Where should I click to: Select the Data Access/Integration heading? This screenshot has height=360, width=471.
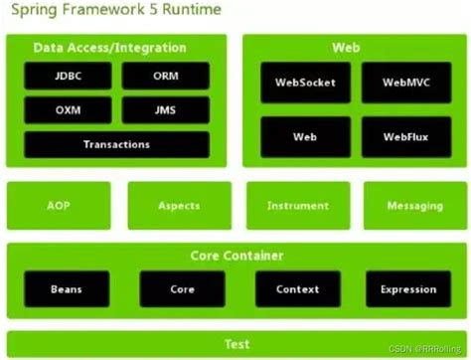click(109, 48)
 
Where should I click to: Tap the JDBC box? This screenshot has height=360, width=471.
click(68, 77)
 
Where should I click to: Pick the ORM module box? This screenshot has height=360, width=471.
click(165, 77)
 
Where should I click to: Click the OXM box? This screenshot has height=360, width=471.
click(68, 110)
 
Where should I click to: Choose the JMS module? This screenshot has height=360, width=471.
click(165, 110)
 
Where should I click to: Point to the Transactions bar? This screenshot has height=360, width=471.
click(116, 144)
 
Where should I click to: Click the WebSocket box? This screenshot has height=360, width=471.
click(304, 84)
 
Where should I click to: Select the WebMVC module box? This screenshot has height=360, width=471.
click(405, 84)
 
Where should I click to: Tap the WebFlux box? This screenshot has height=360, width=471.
click(405, 136)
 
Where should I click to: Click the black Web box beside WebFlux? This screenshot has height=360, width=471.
click(304, 136)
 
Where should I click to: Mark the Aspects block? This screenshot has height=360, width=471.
click(179, 206)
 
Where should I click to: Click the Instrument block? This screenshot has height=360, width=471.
click(297, 206)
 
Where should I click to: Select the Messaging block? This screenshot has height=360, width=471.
click(415, 206)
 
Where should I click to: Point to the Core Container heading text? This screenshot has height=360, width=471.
click(235, 257)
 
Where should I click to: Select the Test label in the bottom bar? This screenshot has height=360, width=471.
click(235, 344)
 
